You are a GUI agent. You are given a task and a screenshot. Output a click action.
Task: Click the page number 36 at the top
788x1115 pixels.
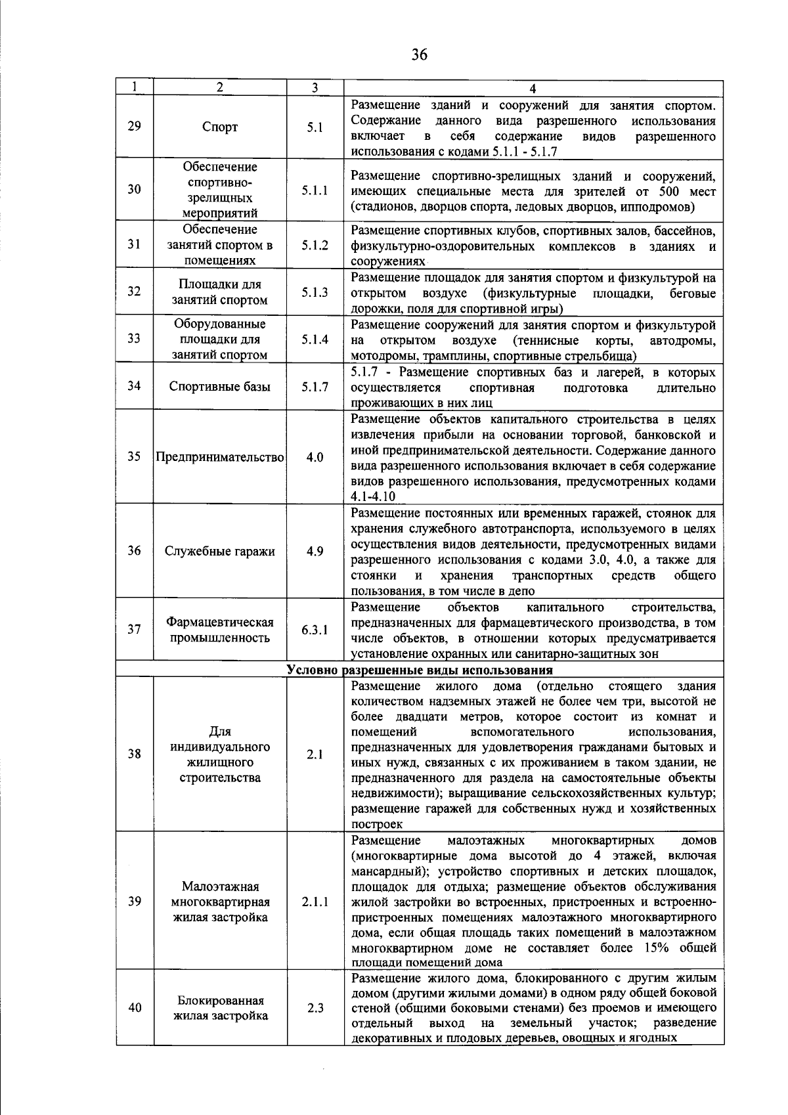pyautogui.click(x=420, y=55)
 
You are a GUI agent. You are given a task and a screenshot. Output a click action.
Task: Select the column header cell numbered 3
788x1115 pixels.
pyautogui.click(x=315, y=88)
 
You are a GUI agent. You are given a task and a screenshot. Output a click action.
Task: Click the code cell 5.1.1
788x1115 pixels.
pyautogui.click(x=315, y=190)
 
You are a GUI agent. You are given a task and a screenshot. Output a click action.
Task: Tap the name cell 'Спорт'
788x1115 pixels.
pyautogui.click(x=220, y=127)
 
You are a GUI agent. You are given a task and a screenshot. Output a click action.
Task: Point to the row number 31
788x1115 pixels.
pyautogui.click(x=135, y=244)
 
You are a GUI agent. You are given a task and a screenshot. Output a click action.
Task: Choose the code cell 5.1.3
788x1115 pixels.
pyautogui.click(x=315, y=292)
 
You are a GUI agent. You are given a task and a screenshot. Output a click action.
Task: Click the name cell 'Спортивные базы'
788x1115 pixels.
pyautogui.click(x=220, y=387)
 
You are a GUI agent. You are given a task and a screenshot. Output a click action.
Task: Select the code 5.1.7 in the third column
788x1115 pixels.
pyautogui.click(x=315, y=387)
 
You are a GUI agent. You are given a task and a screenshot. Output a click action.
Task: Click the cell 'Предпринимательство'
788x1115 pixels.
pyautogui.click(x=220, y=457)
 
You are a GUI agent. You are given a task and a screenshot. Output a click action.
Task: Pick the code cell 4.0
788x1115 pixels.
pyautogui.click(x=315, y=457)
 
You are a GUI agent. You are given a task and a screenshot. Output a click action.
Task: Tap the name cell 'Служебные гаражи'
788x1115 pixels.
pyautogui.click(x=220, y=552)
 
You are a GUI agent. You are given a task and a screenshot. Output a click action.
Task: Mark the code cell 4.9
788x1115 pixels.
pyautogui.click(x=315, y=552)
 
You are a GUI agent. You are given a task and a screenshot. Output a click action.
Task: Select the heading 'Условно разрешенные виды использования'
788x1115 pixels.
pyautogui.click(x=420, y=670)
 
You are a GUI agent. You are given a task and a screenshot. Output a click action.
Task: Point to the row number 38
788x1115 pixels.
pyautogui.click(x=135, y=754)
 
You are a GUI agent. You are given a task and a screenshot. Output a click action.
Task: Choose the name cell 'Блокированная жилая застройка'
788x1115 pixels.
pyautogui.click(x=220, y=1008)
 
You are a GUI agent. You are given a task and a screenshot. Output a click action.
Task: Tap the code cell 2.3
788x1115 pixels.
pyautogui.click(x=315, y=1008)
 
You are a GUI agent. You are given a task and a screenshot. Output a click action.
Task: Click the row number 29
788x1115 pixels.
pyautogui.click(x=135, y=127)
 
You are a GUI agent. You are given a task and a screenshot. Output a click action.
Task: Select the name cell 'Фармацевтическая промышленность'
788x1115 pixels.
pyautogui.click(x=220, y=630)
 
